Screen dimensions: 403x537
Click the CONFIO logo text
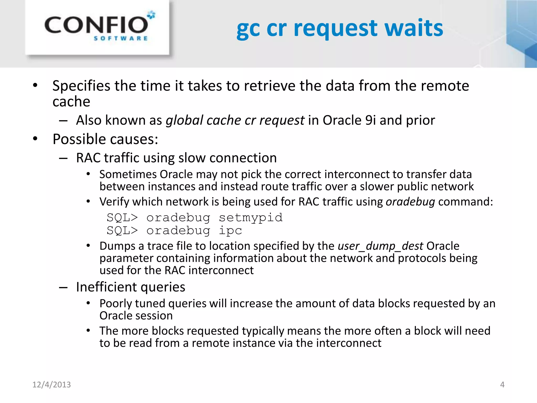pyautogui.click(x=96, y=25)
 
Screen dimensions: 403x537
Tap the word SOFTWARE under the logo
pyautogui.click(x=121, y=39)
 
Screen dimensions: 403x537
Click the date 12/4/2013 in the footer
pyautogui.click(x=51, y=385)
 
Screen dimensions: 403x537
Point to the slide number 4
pyautogui.click(x=502, y=385)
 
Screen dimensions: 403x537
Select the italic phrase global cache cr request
pyautogui.click(x=235, y=120)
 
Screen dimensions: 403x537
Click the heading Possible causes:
pyautogui.click(x=105, y=139)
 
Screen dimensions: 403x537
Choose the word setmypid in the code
pyautogui.click(x=251, y=218)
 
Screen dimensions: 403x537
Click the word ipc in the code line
pyautogui.click(x=230, y=230)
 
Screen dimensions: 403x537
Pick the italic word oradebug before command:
pyautogui.click(x=410, y=202)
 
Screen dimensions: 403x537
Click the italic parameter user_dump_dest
pyautogui.click(x=380, y=246)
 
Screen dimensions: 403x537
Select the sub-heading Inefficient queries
pyautogui.click(x=131, y=287)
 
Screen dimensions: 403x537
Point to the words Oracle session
pyautogui.click(x=136, y=316)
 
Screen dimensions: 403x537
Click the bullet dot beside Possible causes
pyautogui.click(x=35, y=139)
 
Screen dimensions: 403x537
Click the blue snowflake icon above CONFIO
pyautogui.click(x=151, y=15)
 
